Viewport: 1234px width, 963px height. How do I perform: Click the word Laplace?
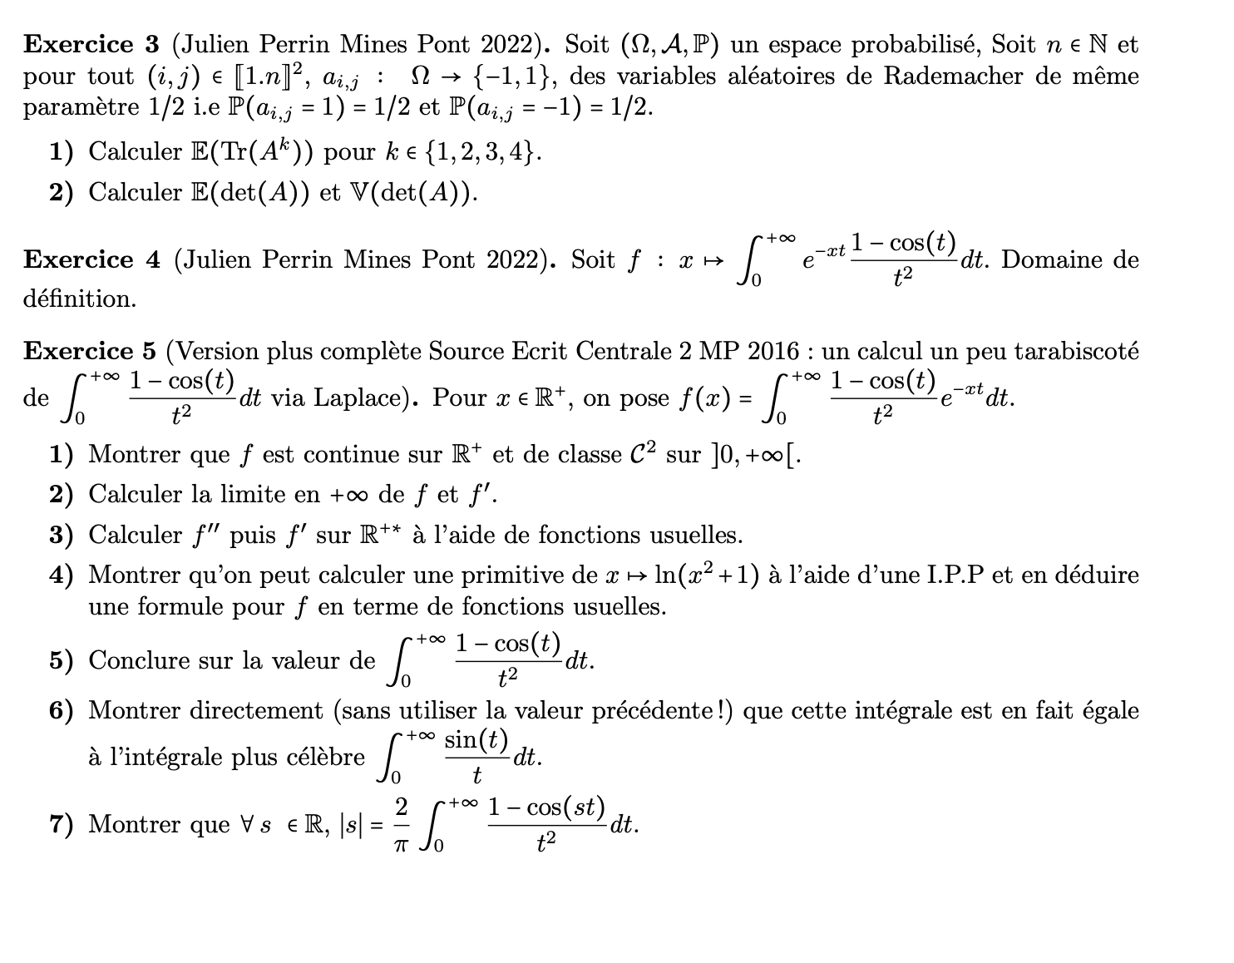[x=372, y=398]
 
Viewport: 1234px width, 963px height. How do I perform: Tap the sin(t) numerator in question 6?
[x=476, y=739]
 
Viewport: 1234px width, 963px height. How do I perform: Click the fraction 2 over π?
[x=402, y=824]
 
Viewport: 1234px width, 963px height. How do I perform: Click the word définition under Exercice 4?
[x=79, y=299]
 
